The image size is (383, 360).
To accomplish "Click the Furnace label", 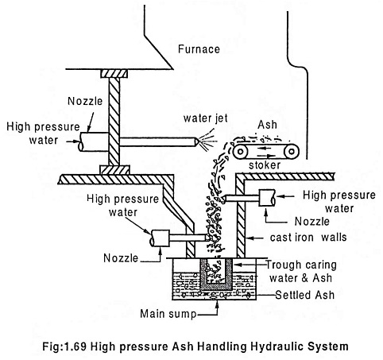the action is click(x=199, y=49).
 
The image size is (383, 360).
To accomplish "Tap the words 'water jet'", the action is click(x=206, y=118).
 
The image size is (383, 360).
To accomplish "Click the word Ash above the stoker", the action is click(x=267, y=125).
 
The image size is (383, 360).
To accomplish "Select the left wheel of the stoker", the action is click(x=241, y=152).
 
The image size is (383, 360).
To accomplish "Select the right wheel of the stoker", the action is click(x=292, y=152).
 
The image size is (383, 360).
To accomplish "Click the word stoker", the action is click(x=265, y=165).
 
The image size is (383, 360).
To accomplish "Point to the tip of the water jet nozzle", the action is click(x=198, y=142).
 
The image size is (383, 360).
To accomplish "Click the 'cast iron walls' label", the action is click(x=308, y=238).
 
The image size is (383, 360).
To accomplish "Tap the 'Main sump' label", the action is click(x=168, y=314).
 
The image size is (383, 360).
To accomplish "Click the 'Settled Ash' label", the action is click(x=305, y=295).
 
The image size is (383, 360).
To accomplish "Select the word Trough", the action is click(x=284, y=265).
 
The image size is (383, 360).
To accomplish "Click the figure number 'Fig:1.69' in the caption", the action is click(x=64, y=346).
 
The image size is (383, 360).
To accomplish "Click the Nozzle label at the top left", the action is click(x=85, y=101).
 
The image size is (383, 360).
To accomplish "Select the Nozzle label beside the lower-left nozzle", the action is click(x=121, y=258).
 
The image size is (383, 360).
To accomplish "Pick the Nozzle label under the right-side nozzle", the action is click(x=312, y=222).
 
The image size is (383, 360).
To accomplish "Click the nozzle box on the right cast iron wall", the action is click(x=266, y=198).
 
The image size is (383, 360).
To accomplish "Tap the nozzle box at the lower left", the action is click(x=161, y=238).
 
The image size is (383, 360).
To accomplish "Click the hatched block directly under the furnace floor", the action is click(x=114, y=74).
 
